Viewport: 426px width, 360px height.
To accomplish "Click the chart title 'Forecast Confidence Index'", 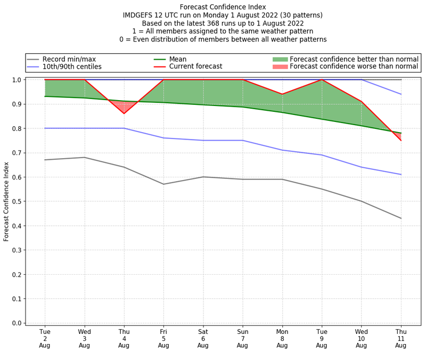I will pyautogui.click(x=223, y=7).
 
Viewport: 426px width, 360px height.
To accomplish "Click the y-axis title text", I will pyautogui.click(x=6, y=201).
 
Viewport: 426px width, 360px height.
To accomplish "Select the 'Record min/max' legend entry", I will pyautogui.click(x=69, y=59).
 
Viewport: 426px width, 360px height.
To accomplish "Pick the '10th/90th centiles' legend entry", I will pyautogui.click(x=72, y=67).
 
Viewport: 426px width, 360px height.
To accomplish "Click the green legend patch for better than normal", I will pyautogui.click(x=280, y=59).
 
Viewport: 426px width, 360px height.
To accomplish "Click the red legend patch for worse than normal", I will pyautogui.click(x=280, y=67).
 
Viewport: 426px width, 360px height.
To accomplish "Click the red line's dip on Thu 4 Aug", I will pyautogui.click(x=124, y=113).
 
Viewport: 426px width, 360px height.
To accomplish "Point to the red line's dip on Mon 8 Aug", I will pyautogui.click(x=282, y=94).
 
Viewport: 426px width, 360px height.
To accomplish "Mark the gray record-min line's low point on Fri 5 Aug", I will pyautogui.click(x=163, y=184).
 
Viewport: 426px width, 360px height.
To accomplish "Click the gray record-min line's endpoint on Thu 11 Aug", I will pyautogui.click(x=400, y=218).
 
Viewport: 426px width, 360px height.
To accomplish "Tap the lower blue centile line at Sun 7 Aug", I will pyautogui.click(x=242, y=141).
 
